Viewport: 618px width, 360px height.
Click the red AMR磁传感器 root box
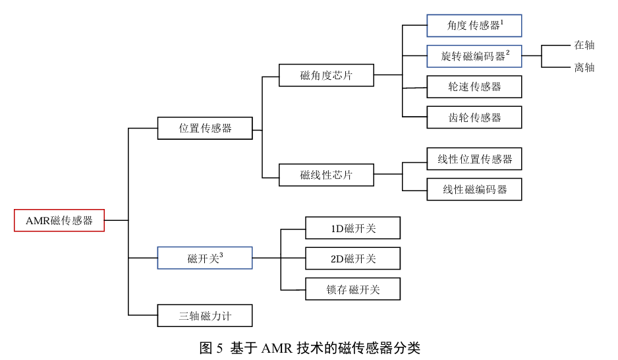(x=59, y=220)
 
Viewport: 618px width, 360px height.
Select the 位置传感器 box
(x=205, y=128)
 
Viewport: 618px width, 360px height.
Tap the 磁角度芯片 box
(x=326, y=75)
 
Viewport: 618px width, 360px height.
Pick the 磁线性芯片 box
(x=326, y=175)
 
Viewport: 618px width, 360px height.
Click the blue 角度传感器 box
(x=474, y=26)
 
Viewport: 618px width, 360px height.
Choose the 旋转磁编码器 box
(x=474, y=56)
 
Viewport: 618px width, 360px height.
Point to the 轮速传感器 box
(x=474, y=86)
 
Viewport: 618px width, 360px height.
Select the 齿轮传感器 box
(x=474, y=117)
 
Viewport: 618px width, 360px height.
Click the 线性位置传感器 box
(x=474, y=159)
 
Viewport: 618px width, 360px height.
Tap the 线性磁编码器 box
(x=474, y=189)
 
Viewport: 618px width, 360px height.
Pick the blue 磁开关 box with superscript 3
(x=205, y=258)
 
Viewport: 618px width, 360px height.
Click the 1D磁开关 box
(x=352, y=228)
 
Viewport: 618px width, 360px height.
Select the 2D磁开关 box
(x=352, y=258)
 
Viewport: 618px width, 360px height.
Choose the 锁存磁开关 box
(x=352, y=289)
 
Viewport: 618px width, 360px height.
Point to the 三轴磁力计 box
(x=205, y=315)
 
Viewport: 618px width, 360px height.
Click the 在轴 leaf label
(x=584, y=45)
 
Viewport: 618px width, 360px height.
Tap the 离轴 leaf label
(x=584, y=67)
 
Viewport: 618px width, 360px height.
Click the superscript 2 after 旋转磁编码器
(x=508, y=53)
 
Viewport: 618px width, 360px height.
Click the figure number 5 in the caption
(x=219, y=348)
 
